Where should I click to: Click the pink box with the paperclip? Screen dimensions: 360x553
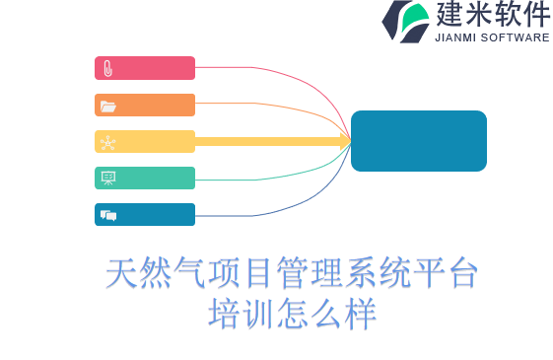click(145, 68)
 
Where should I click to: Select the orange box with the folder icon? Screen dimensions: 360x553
click(145, 106)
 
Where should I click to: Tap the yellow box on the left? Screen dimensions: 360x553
click(145, 142)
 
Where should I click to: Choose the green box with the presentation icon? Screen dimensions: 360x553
click(145, 179)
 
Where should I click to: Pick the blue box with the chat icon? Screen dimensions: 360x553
click(145, 215)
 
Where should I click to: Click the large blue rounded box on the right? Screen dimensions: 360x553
click(419, 141)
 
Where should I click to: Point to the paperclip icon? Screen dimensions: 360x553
click(107, 68)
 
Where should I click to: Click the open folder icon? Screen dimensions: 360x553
click(107, 106)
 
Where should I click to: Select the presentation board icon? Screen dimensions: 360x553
click(107, 179)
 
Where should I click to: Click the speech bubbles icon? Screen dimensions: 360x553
click(107, 215)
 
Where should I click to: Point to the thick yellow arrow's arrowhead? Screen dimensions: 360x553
click(346, 142)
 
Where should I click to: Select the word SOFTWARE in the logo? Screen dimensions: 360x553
click(516, 38)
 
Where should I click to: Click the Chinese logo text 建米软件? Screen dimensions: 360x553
click(492, 15)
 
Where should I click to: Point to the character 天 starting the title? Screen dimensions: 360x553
click(121, 274)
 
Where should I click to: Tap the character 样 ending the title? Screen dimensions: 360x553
click(360, 315)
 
